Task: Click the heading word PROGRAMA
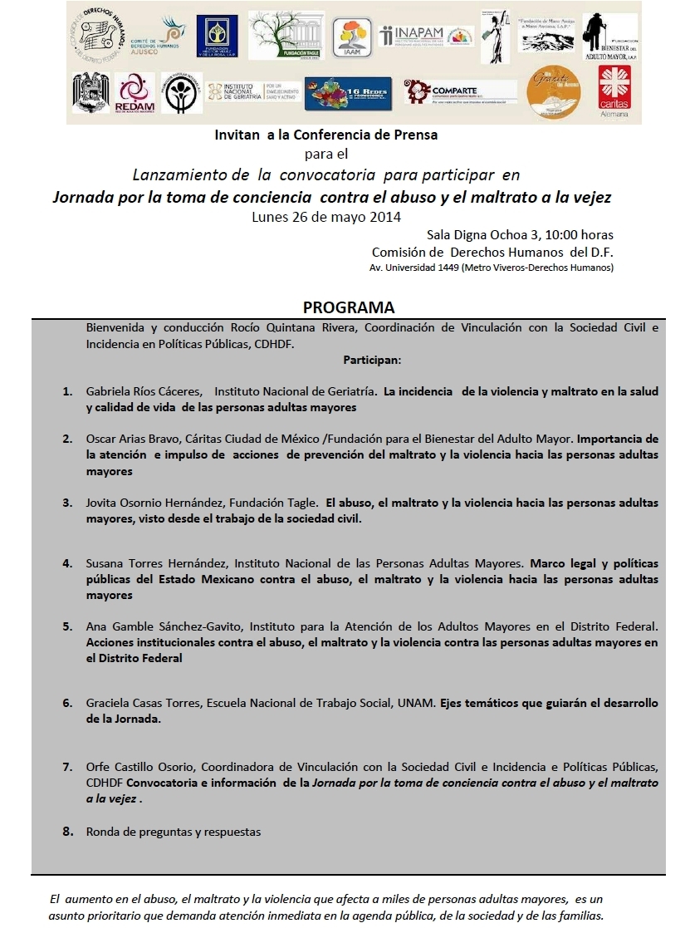(348, 307)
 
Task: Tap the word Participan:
(371, 361)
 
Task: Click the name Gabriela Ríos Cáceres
(144, 390)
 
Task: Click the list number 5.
(67, 626)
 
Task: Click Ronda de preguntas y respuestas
(173, 831)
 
